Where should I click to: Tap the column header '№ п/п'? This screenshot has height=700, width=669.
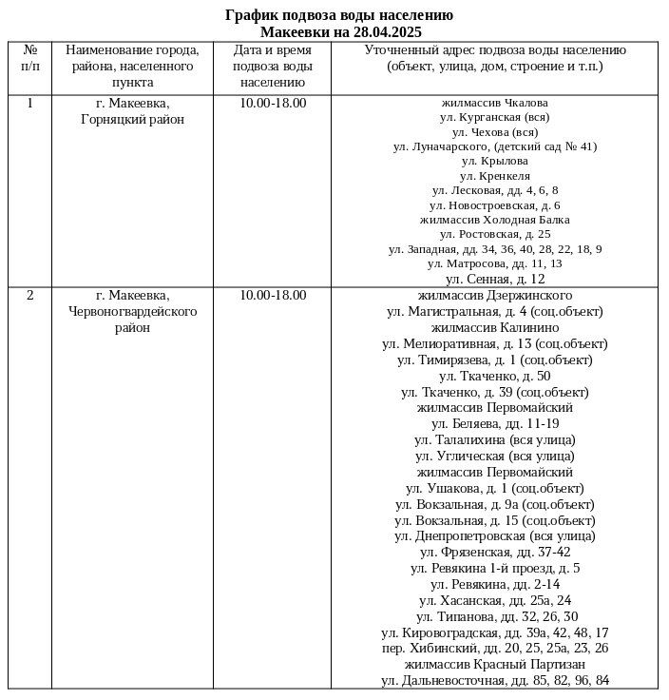(x=29, y=58)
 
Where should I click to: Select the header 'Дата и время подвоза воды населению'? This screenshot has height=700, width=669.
(x=273, y=66)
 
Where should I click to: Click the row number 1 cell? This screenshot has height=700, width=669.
(x=29, y=103)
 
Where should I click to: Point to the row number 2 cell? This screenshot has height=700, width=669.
(x=29, y=295)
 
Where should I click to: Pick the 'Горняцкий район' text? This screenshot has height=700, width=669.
(x=133, y=119)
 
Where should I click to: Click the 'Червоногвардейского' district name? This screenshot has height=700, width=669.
(x=133, y=311)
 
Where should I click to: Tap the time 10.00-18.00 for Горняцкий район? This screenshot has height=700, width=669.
(x=273, y=103)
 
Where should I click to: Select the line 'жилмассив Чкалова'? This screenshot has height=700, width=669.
(x=494, y=102)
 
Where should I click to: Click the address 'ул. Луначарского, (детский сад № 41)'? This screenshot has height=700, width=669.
(x=494, y=146)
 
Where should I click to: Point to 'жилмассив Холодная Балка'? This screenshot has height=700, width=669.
(x=494, y=219)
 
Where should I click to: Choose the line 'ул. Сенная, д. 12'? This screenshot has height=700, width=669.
(x=494, y=279)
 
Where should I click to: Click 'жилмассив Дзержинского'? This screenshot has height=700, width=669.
(x=494, y=295)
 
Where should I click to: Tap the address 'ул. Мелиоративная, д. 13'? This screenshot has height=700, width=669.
(x=494, y=343)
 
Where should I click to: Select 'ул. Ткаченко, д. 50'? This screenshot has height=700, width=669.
(x=494, y=376)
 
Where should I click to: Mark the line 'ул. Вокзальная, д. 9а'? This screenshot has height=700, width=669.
(x=494, y=504)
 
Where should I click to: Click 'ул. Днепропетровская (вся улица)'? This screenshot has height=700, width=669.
(x=494, y=536)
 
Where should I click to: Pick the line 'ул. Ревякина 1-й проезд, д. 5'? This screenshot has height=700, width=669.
(x=494, y=569)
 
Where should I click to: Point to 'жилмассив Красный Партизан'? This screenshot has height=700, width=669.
(x=494, y=664)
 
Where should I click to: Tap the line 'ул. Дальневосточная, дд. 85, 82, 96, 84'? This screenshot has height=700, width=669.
(x=494, y=680)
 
